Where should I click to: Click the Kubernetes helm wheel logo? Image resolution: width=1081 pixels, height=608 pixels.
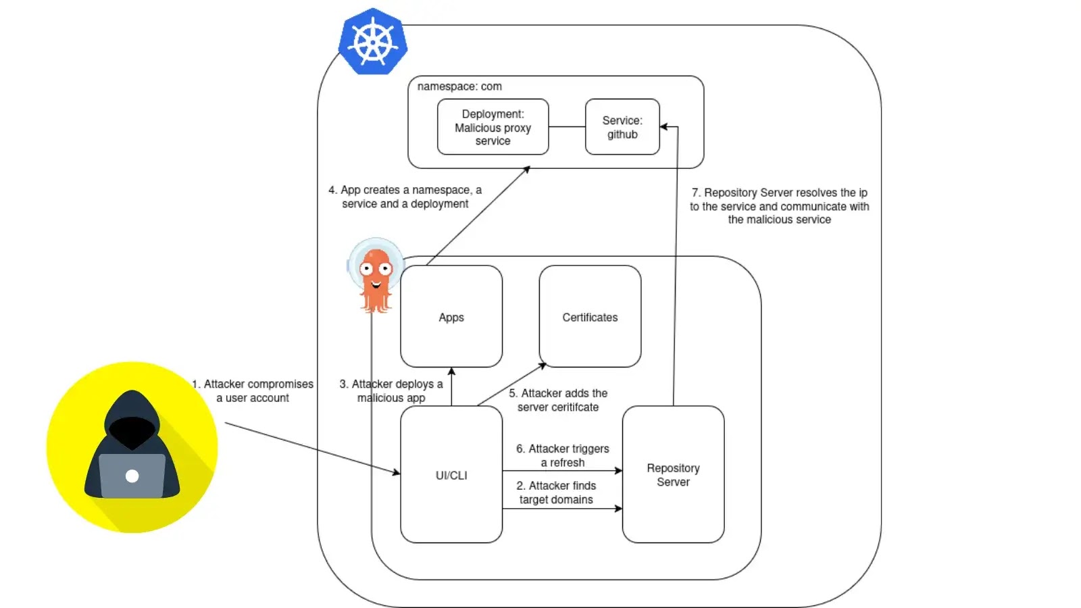pos(372,41)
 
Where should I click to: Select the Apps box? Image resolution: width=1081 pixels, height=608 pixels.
pos(451,317)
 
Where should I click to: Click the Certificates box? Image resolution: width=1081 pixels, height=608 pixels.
pos(590,317)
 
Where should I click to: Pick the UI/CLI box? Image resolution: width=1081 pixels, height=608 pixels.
pos(451,475)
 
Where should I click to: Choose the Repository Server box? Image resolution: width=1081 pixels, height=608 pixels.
pos(673,475)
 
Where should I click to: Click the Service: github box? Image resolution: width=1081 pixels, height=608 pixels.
pos(622,127)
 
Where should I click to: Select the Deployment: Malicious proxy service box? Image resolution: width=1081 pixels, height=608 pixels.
pos(493,127)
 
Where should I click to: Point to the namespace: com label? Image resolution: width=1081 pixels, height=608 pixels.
pos(459,86)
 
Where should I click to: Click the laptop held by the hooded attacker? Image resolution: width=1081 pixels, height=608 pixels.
pos(132,476)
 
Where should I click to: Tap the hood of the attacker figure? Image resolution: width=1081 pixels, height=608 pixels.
pos(132,412)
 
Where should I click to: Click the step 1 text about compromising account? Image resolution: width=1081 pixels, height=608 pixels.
pos(253,391)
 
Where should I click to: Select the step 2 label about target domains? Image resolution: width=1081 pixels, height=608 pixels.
pos(556,492)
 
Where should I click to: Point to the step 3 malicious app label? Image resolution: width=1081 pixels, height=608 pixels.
pos(391,391)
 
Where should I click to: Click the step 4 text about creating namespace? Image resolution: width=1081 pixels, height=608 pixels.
pos(405,197)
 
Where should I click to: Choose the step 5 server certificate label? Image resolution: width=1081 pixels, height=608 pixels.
pos(558,400)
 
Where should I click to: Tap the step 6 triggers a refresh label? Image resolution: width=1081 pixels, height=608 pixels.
pos(563,455)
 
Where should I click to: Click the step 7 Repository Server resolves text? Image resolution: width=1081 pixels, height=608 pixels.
pos(779,206)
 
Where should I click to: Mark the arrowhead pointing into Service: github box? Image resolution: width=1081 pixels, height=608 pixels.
pos(663,127)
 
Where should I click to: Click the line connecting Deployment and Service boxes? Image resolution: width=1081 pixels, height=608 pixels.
pos(567,127)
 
